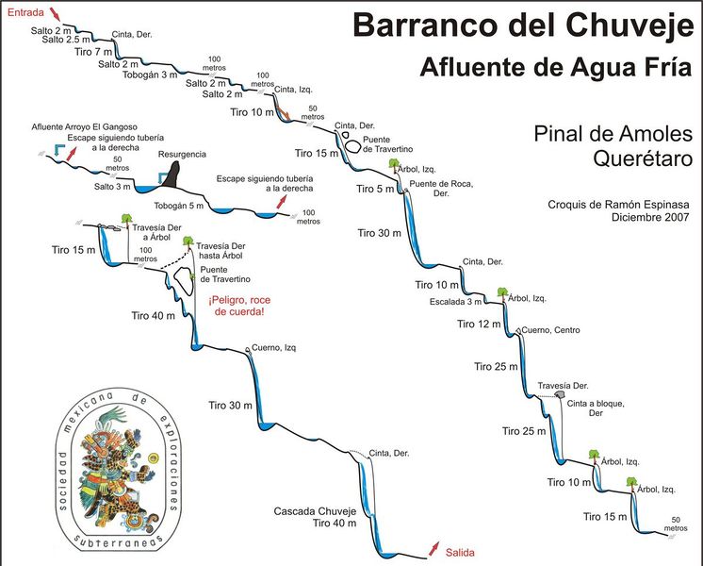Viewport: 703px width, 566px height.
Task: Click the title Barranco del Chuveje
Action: [522, 25]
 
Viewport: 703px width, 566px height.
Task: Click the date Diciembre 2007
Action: [650, 217]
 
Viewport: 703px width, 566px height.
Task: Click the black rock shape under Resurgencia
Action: [170, 175]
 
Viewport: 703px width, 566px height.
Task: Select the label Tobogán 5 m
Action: [179, 205]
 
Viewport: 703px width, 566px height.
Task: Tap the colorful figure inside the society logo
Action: [118, 462]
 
